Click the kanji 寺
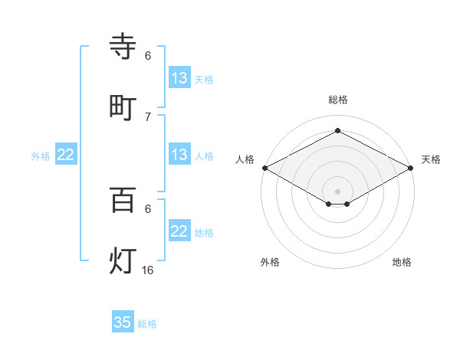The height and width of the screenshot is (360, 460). pos(123,47)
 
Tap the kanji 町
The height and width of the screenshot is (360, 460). pos(123,107)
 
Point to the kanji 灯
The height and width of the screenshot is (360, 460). pos(123,260)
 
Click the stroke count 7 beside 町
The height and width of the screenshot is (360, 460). pos(148,116)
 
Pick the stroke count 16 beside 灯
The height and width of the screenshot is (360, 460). pos(148,270)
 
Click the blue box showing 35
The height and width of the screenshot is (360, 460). pos(123,322)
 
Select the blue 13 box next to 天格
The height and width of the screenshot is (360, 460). pos(179,78)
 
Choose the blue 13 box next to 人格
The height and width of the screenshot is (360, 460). pos(179,155)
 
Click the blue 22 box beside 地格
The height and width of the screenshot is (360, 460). pos(179,231)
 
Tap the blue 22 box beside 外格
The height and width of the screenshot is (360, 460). pos(66,155)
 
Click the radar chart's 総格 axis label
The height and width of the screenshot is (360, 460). pos(338,100)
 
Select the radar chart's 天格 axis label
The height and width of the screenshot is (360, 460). pos(431,159)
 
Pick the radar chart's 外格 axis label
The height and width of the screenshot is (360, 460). pos(270,262)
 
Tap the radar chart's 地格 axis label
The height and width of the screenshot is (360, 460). pos(402,262)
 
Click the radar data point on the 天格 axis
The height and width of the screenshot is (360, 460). pos(412,168)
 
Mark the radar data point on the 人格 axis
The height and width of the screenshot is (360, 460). pos(264,168)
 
